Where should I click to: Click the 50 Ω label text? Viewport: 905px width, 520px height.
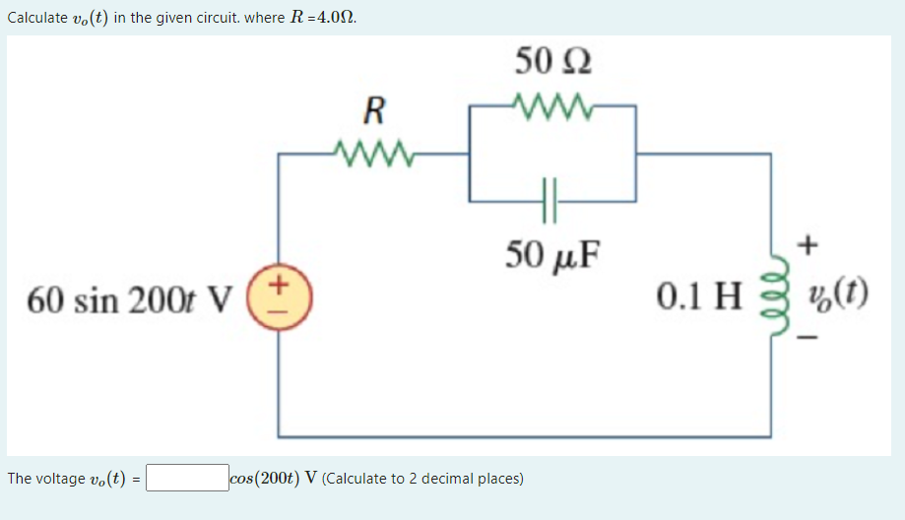(552, 61)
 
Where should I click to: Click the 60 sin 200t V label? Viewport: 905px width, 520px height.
(130, 297)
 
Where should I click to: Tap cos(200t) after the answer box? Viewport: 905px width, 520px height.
(264, 479)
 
